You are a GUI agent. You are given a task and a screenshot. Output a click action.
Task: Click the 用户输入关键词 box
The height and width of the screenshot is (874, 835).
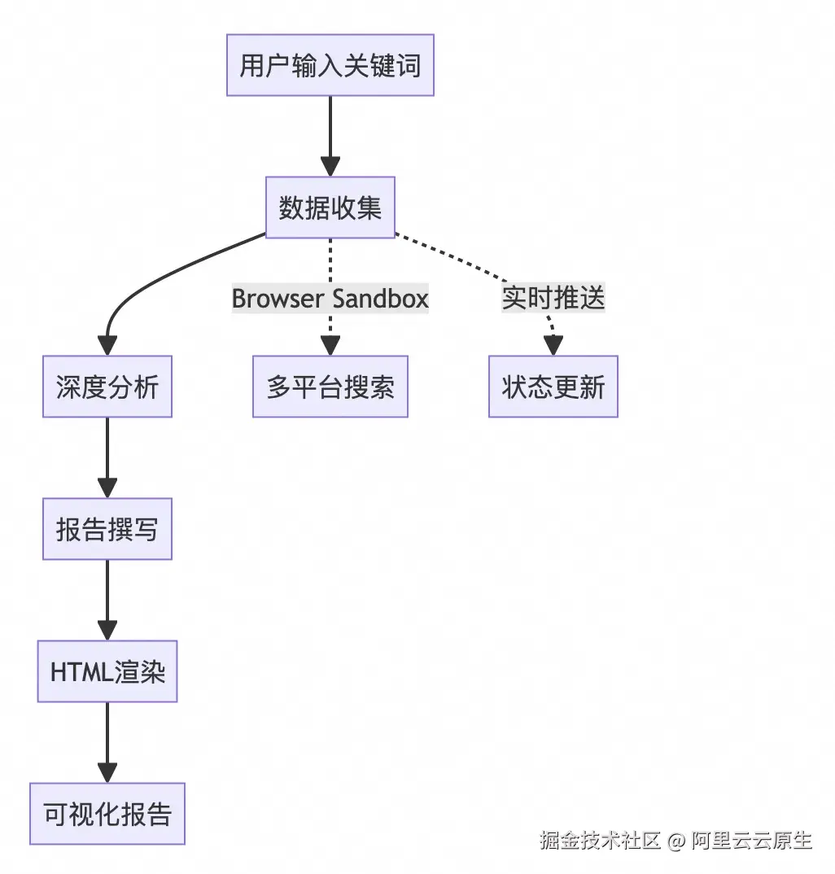(x=330, y=65)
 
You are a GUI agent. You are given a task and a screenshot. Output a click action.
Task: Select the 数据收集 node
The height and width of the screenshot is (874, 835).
(x=330, y=208)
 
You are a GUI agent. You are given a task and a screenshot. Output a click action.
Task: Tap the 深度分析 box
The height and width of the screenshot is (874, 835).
(x=107, y=387)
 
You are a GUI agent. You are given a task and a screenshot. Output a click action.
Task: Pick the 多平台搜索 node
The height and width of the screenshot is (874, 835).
(x=330, y=387)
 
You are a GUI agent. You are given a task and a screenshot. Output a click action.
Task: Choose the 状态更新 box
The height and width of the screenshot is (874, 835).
(x=553, y=387)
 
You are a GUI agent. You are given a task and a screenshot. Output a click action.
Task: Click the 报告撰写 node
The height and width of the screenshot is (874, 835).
(x=107, y=529)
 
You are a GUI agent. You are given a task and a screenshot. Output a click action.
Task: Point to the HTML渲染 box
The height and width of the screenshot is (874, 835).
(x=107, y=671)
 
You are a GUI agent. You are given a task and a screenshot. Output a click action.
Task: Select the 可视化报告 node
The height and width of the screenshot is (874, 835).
(x=107, y=814)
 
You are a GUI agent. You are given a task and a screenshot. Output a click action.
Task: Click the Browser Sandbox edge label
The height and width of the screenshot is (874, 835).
(x=330, y=299)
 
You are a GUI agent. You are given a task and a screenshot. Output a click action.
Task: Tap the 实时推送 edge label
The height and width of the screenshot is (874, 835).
(x=553, y=299)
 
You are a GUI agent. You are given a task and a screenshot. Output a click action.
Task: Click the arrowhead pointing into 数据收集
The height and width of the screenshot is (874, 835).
(x=330, y=167)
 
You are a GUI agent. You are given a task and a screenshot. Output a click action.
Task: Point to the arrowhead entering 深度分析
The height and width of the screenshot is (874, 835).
(x=107, y=346)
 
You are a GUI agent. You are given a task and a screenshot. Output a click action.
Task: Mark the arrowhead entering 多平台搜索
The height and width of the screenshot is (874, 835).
(x=330, y=346)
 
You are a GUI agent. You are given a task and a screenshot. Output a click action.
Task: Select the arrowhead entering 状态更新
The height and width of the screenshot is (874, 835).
(x=553, y=346)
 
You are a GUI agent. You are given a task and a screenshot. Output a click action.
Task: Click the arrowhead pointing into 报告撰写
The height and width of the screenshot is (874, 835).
(x=107, y=488)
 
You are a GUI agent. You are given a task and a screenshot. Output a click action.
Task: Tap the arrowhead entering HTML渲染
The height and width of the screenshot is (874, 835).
(x=107, y=631)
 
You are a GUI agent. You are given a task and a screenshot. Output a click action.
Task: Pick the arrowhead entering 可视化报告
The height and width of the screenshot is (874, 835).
(x=107, y=773)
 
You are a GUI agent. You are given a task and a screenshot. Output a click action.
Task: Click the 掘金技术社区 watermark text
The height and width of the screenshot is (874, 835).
(x=601, y=840)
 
